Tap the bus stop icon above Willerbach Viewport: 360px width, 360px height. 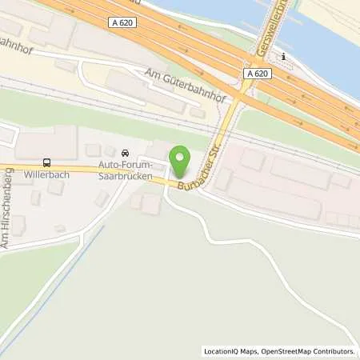coord(47,160)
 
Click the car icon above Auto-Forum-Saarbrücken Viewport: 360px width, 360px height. coord(124,153)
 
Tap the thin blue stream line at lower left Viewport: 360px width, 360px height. coord(48,288)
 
